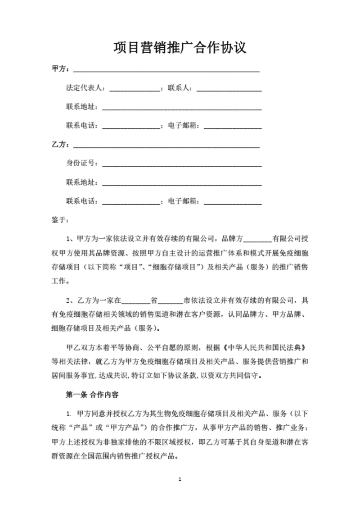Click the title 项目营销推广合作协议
tap(180, 47)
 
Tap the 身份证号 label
tap(81, 163)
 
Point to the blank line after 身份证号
tap(182, 164)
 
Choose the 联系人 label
tap(180, 88)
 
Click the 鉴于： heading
tap(61, 220)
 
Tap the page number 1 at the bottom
tap(180, 479)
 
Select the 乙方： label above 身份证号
tap(61, 145)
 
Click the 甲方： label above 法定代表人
tap(61, 69)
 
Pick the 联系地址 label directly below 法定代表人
tap(81, 107)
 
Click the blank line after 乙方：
tap(166, 146)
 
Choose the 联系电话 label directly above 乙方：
tap(81, 126)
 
